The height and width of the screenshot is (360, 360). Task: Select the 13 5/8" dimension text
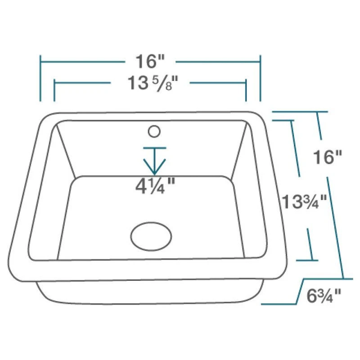150,83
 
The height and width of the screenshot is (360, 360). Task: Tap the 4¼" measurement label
155,185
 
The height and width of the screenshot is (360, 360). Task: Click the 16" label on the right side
328,157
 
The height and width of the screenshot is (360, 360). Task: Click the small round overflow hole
154,131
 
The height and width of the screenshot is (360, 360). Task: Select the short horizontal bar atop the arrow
154,148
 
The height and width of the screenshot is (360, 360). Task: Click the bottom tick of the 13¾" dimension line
307,260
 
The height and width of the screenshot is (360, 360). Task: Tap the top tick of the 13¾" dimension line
283,120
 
